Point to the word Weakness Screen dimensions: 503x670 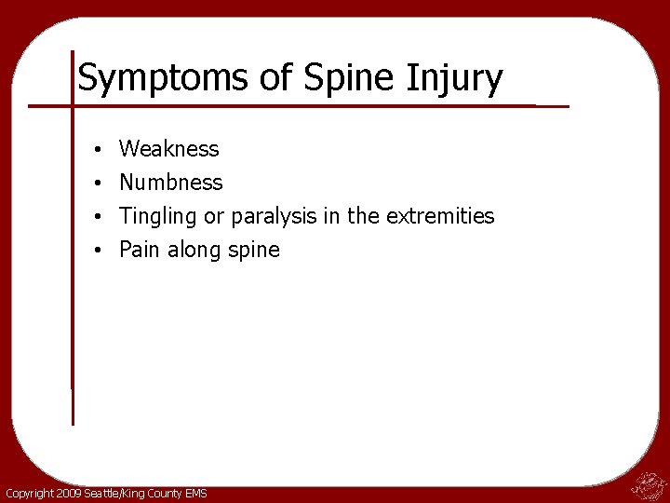coord(169,149)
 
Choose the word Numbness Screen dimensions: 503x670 coord(171,183)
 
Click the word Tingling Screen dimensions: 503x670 coord(159,216)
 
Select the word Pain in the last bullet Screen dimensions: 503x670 coord(140,250)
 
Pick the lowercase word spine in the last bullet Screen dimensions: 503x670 coord(253,251)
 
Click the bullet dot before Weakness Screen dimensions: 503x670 coord(98,150)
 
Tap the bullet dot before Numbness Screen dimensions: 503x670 coord(98,184)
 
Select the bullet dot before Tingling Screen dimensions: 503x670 coord(98,217)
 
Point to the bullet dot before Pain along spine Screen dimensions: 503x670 coord(98,251)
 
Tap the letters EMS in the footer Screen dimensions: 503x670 coord(195,493)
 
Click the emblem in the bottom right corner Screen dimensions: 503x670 coord(646,483)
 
